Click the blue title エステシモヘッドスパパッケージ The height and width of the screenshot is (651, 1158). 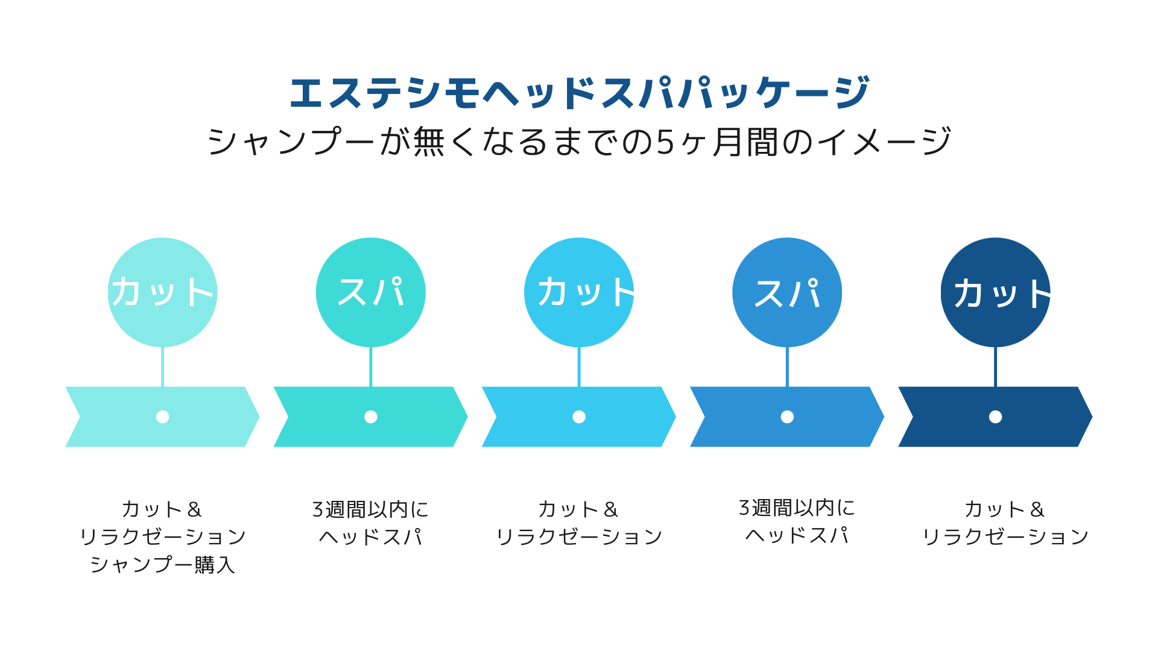click(x=579, y=93)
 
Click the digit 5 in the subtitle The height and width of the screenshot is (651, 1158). click(x=665, y=143)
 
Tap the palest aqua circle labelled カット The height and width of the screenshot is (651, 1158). click(x=163, y=292)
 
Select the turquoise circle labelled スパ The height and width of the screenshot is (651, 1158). click(x=371, y=292)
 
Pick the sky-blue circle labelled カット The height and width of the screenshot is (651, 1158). click(x=579, y=292)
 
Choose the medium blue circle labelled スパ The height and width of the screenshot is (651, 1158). click(x=787, y=292)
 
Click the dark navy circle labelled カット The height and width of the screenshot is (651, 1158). click(x=996, y=292)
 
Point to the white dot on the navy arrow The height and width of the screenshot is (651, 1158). click(x=996, y=417)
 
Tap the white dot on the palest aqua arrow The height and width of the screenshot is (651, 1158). click(x=163, y=417)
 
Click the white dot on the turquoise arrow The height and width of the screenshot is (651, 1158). click(x=371, y=417)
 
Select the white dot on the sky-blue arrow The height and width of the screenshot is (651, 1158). click(x=579, y=417)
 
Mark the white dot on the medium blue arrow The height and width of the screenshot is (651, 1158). click(x=787, y=417)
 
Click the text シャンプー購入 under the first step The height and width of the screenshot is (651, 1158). click(x=163, y=565)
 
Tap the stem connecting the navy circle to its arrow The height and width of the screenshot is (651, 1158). click(x=996, y=366)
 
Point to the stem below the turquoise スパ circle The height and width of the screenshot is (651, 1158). click(x=371, y=366)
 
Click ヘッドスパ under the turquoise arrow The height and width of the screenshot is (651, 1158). click(x=371, y=536)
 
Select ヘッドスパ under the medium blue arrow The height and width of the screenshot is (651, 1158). click(x=797, y=535)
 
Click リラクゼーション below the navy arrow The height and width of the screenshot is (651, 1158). click(x=1005, y=536)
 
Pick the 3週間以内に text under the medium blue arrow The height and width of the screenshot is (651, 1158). click(x=797, y=508)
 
